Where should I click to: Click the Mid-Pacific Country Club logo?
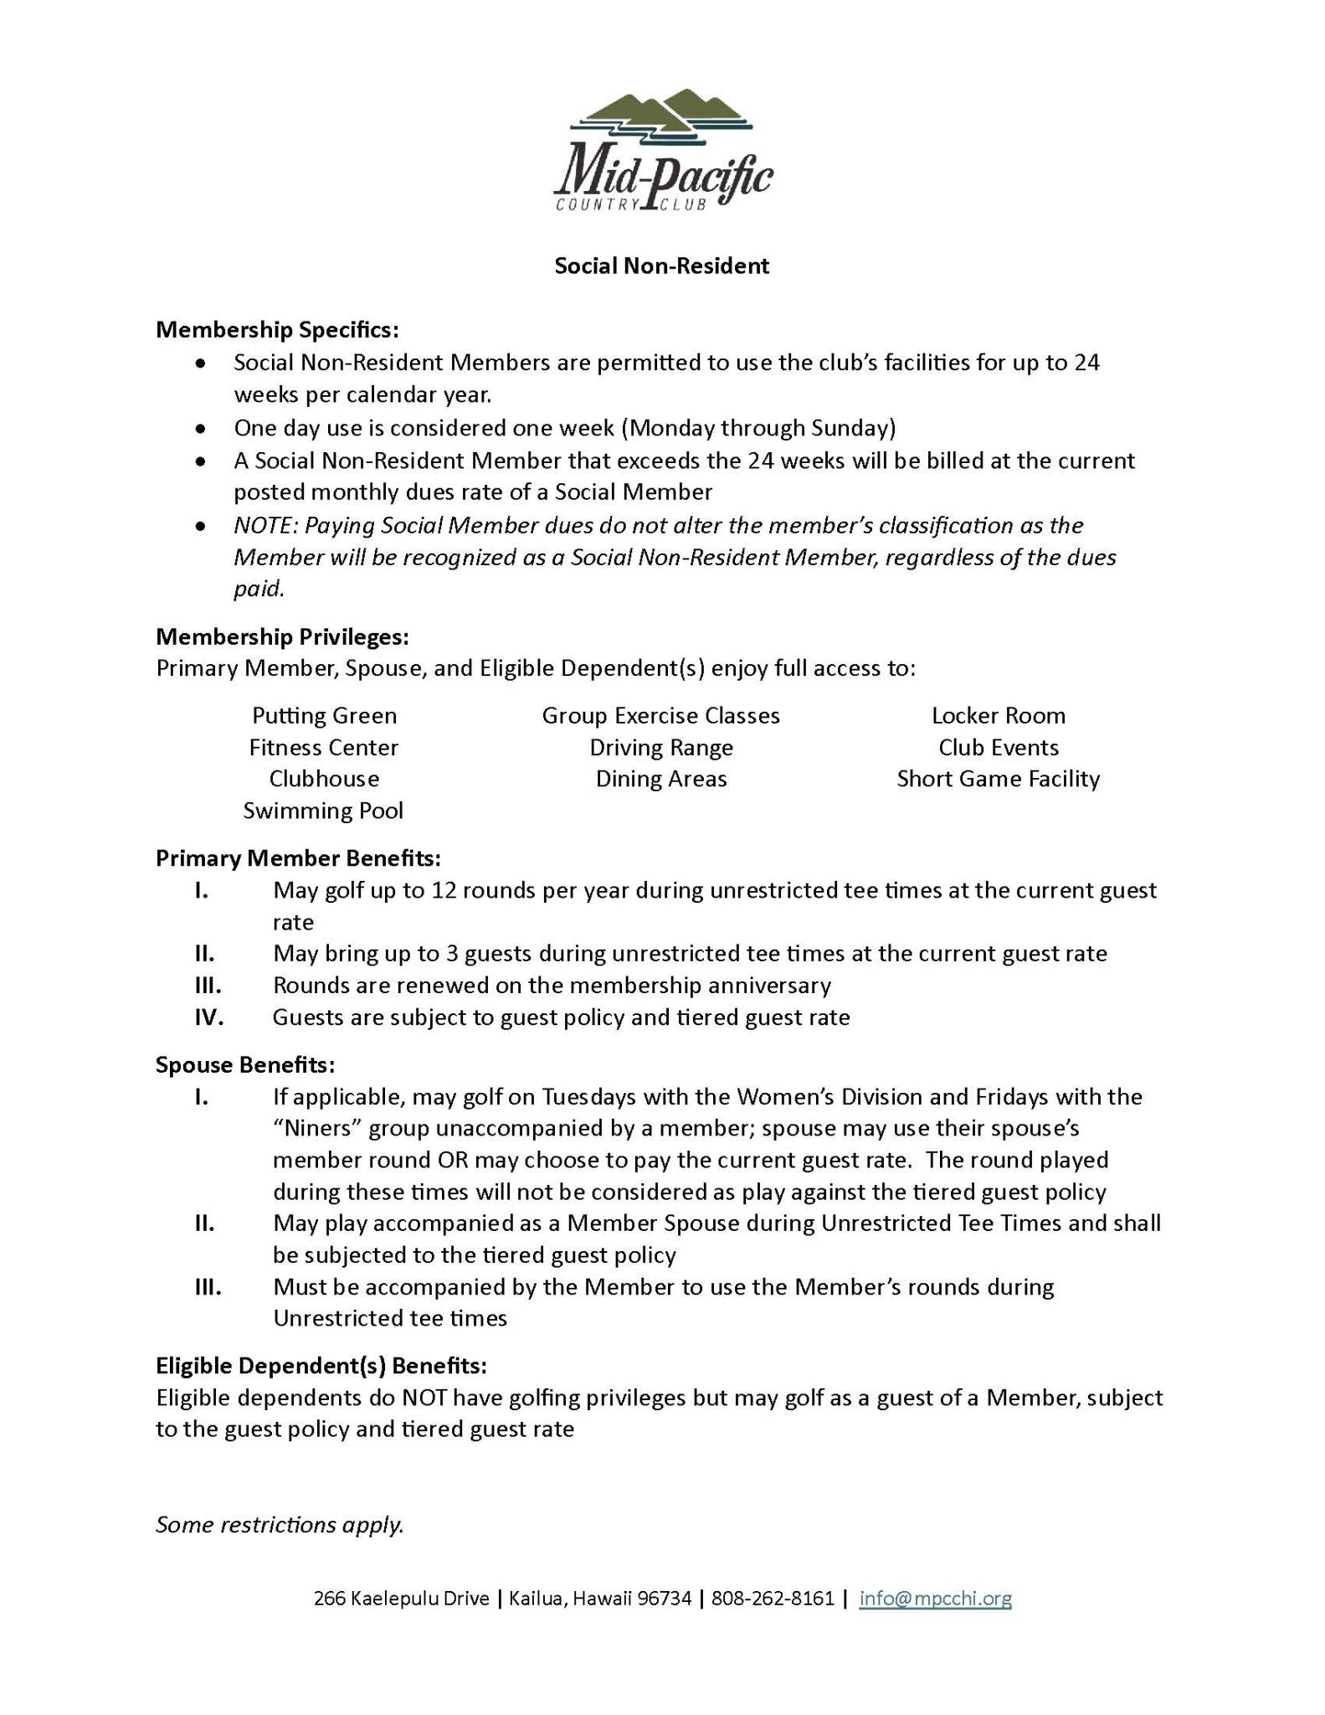662,151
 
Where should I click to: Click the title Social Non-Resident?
661,266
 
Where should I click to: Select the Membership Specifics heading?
277,330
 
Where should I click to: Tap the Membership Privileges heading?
282,637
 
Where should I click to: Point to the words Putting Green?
324,716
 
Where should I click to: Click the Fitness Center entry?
323,748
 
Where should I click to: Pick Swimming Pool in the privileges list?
323,811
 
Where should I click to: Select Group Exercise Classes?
660,716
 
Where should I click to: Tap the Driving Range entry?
660,748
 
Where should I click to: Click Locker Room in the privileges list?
998,716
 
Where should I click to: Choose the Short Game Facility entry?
998,780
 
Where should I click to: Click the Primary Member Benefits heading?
298,858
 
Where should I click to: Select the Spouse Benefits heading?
245,1065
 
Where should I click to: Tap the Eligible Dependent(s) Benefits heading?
321,1366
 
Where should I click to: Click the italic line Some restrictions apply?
280,1525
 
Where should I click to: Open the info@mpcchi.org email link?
935,1599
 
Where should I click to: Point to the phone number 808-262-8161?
773,1599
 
